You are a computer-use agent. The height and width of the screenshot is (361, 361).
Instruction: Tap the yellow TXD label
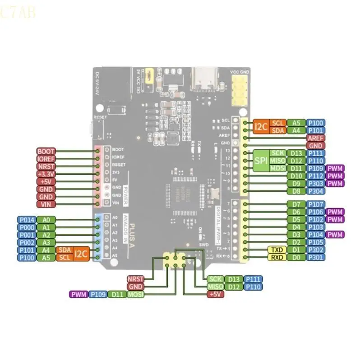[x=276, y=250]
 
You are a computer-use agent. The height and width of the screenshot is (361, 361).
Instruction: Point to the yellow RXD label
[x=276, y=258]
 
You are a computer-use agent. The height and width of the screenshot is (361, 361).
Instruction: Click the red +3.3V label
[x=46, y=174]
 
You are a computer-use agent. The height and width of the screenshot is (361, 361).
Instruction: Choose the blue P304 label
[x=315, y=191]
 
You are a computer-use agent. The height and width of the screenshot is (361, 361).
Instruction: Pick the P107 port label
[x=315, y=204]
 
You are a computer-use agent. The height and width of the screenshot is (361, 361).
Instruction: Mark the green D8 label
[x=296, y=191]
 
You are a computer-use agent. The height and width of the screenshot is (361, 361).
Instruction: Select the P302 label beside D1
[x=315, y=250]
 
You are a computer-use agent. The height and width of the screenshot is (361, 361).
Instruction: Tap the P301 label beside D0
[x=315, y=258]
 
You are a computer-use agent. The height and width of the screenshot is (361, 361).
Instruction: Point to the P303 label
[x=315, y=184]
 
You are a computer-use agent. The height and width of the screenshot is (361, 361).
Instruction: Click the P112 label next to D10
[x=315, y=176]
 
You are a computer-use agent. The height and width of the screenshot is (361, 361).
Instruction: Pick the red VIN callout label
[x=46, y=204]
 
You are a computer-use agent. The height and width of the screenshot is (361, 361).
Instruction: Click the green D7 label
[x=296, y=204]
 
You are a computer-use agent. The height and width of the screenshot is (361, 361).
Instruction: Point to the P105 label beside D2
[x=315, y=242]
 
